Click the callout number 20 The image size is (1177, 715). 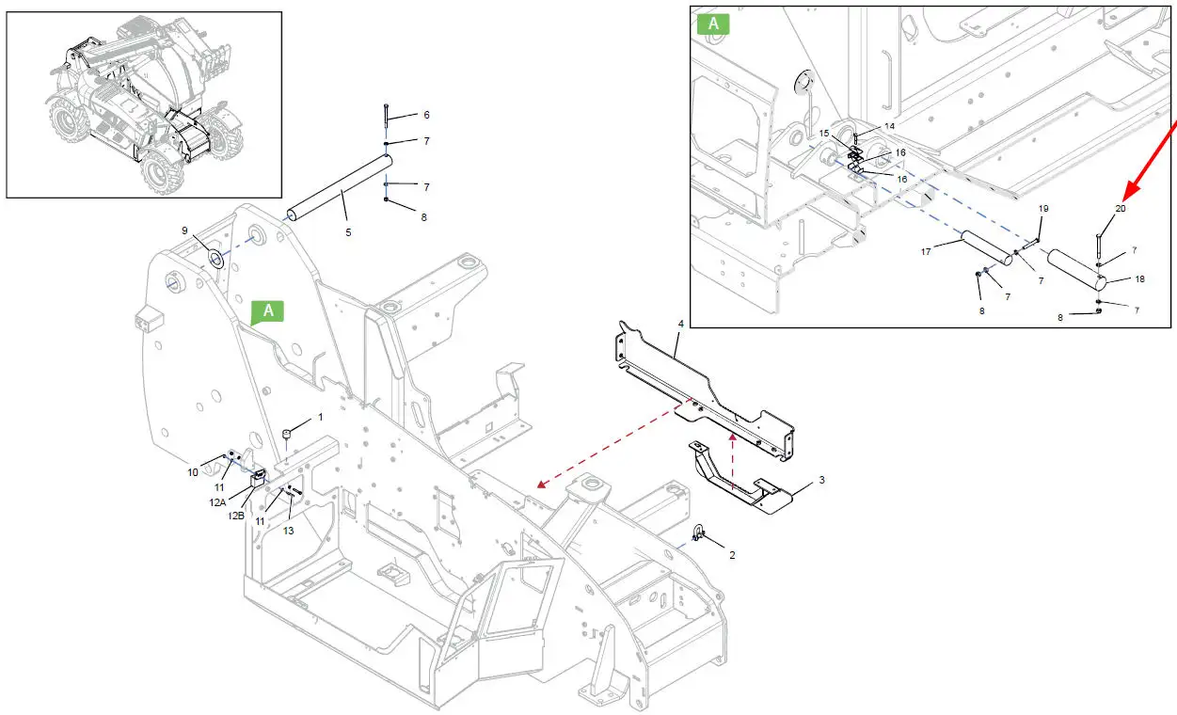pos(1121,208)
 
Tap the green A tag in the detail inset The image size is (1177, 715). pos(712,23)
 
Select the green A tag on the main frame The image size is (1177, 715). pos(268,310)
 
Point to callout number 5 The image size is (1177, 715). pos(348,231)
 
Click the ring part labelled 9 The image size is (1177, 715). pos(215,259)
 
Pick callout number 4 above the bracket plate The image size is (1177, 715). pos(680,325)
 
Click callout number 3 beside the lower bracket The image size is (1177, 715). pos(821,480)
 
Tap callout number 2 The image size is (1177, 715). pos(732,555)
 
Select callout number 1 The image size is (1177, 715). pos(320,416)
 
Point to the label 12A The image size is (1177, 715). pos(217,502)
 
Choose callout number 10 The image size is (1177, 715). pos(192,472)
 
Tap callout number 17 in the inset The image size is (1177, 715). pos(926,252)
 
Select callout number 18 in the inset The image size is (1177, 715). pos(1139,279)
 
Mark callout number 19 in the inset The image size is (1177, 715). pos(1042,208)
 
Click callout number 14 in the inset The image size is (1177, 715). pos(889,126)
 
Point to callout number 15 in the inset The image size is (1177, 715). pos(824,134)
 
